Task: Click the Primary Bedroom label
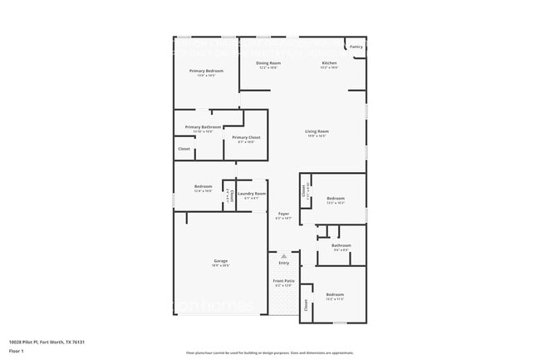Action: click(206, 71)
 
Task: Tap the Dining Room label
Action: click(268, 63)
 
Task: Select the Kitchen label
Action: click(329, 63)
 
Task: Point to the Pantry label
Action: click(355, 47)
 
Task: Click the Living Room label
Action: click(317, 131)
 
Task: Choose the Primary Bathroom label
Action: click(203, 127)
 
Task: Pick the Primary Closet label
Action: click(246, 137)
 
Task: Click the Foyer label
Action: click(282, 214)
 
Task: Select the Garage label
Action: click(220, 261)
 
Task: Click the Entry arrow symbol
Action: click(283, 255)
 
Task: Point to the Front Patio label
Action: click(283, 281)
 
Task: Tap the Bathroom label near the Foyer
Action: click(341, 245)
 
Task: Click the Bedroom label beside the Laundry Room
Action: click(204, 186)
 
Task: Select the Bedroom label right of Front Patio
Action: click(335, 295)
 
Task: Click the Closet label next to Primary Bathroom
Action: click(184, 149)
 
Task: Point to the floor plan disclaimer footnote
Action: click(269, 353)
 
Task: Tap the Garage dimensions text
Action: click(220, 266)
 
